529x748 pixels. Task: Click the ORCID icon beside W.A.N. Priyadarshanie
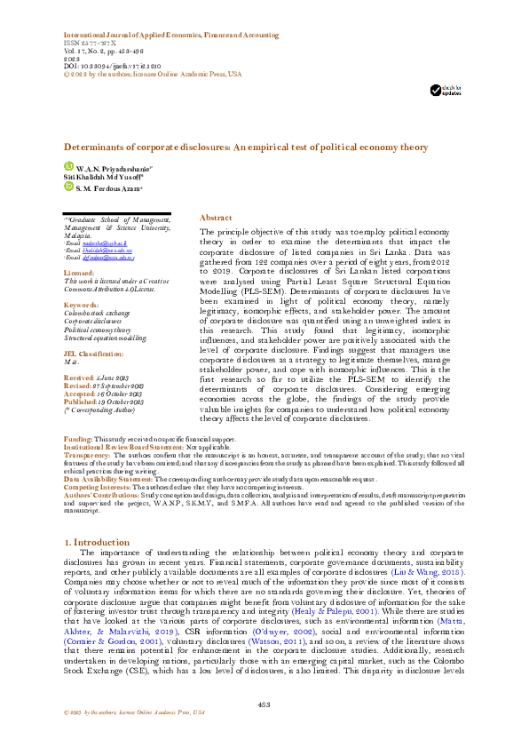(x=68, y=166)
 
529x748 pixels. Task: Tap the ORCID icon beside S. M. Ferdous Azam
(x=68, y=186)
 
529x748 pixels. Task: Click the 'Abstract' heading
(x=217, y=218)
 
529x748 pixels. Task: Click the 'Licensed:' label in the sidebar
(x=79, y=273)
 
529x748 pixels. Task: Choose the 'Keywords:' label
(x=81, y=305)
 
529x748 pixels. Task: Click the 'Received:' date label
(x=79, y=378)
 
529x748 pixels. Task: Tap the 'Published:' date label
(x=82, y=402)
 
